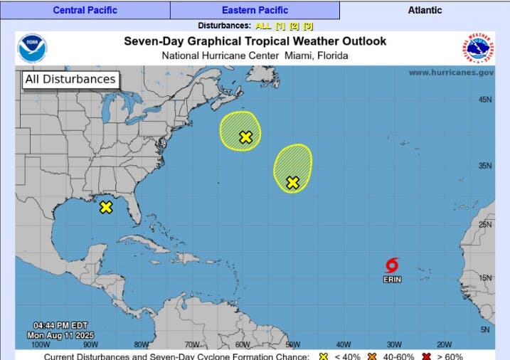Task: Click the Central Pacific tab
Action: click(x=85, y=10)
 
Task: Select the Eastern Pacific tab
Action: click(x=255, y=10)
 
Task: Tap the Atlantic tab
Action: click(x=425, y=10)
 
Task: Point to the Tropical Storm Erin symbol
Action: click(x=392, y=266)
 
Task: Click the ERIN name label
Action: click(x=392, y=280)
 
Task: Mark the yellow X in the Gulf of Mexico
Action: click(x=106, y=207)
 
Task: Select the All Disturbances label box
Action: click(x=70, y=80)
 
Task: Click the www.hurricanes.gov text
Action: click(x=450, y=73)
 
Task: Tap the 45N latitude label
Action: click(x=485, y=100)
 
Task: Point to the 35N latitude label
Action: click(x=485, y=166)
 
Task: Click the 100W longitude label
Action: click(x=41, y=344)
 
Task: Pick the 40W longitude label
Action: click(x=344, y=344)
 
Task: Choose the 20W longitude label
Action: click(x=445, y=344)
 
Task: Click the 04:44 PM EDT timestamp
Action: click(x=60, y=326)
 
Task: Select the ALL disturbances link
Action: click(x=262, y=26)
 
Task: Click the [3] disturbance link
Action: click(x=308, y=26)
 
